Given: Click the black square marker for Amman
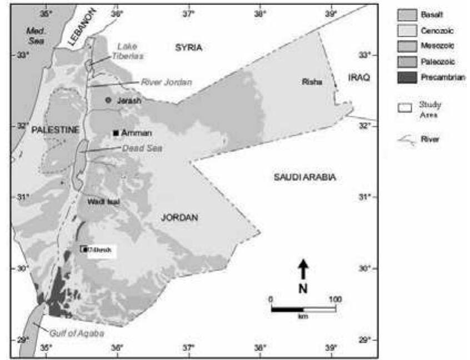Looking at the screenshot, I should point(116,133).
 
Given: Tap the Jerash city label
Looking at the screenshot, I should point(129,101).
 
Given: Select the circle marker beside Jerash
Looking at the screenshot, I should point(109,100).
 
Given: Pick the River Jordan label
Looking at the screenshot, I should point(166,82).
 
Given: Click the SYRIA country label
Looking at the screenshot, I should point(189,48).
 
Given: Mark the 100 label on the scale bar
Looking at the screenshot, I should point(335,298).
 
